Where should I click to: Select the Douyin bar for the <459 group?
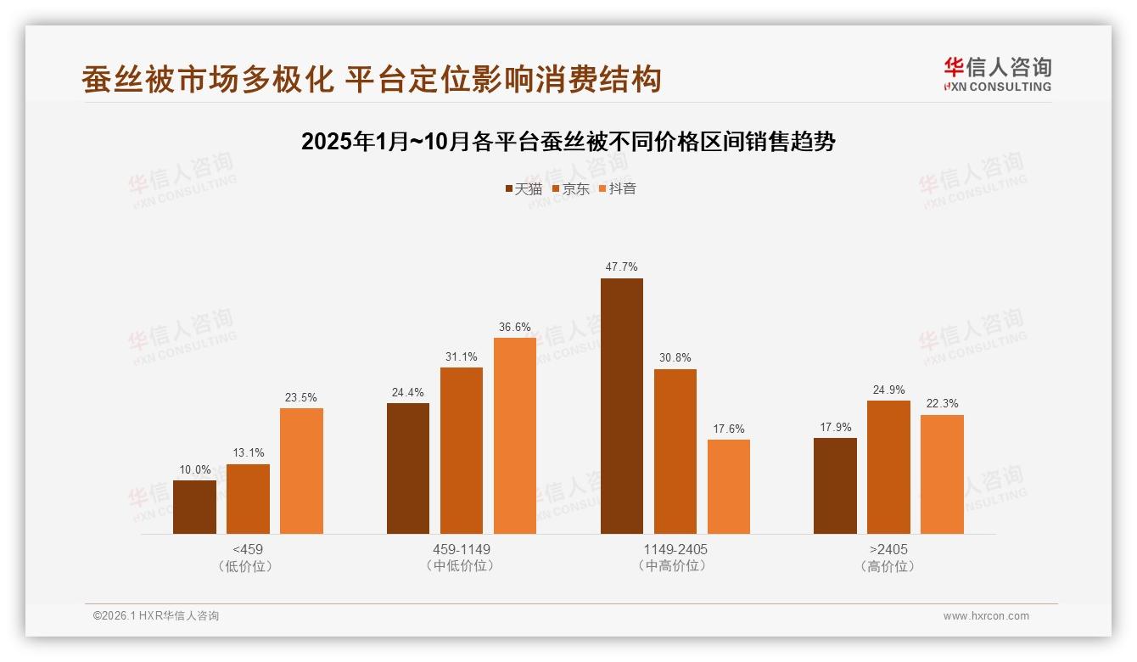pos(301,471)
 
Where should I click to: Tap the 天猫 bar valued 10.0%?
pos(194,507)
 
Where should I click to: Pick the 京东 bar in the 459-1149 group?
pos(461,451)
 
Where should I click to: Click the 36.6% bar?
pos(515,435)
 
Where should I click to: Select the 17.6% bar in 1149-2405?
pos(728,486)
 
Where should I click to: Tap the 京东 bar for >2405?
pos(888,467)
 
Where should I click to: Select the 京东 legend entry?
pos(570,188)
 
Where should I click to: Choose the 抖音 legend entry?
pos(617,188)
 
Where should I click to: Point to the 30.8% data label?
pos(675,357)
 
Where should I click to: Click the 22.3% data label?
pos(942,403)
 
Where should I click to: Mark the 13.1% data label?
pos(248,452)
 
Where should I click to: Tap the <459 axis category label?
pos(247,549)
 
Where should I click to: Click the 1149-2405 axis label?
pos(675,549)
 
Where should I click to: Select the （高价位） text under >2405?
pos(888,566)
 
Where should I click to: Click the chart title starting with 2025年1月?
pos(568,142)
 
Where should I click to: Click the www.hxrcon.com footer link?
pos(985,616)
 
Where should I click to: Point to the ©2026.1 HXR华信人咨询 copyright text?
pos(156,616)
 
